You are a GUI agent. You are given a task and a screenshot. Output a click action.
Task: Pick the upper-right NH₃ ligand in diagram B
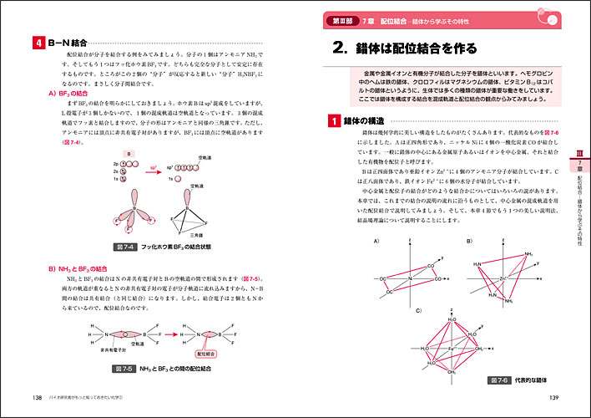click(528, 254)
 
